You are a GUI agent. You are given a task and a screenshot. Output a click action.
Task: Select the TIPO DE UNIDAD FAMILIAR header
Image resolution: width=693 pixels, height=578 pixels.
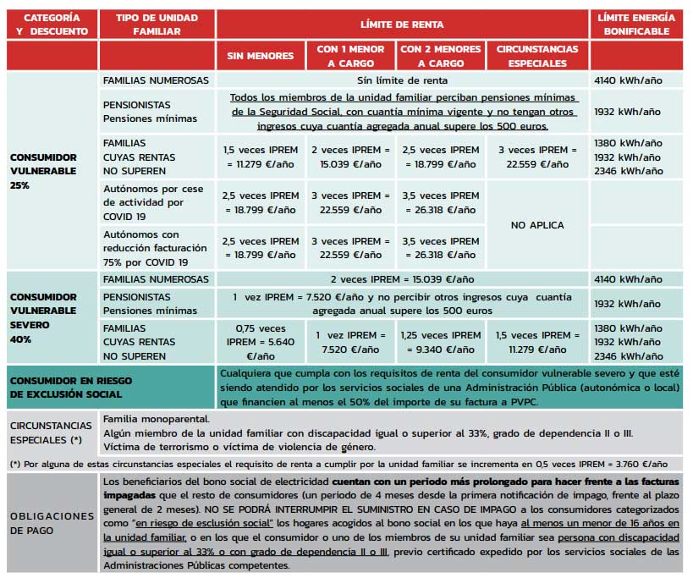(157, 25)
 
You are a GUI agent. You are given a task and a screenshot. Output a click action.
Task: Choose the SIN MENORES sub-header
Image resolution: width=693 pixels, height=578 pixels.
(260, 56)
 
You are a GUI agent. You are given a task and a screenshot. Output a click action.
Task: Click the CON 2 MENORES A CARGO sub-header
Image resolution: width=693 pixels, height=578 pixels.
(439, 56)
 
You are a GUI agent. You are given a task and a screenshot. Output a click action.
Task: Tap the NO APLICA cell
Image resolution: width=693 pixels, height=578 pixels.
(537, 225)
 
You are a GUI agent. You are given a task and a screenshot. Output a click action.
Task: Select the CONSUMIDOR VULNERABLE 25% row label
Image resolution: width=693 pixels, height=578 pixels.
(44, 171)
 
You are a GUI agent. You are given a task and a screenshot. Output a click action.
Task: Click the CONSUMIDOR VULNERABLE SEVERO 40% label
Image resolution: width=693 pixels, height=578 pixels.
(44, 317)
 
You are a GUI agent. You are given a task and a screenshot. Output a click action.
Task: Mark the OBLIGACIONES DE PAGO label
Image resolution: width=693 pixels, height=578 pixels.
(52, 522)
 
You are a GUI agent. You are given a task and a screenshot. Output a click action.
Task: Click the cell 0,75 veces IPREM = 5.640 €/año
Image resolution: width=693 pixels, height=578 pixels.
(260, 342)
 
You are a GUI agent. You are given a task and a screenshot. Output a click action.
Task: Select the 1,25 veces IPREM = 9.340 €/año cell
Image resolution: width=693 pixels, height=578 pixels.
(439, 342)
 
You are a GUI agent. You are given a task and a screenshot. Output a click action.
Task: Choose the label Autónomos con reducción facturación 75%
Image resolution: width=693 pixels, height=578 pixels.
(155, 248)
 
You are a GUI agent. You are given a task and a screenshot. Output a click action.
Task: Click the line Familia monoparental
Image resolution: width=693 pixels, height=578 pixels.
(157, 419)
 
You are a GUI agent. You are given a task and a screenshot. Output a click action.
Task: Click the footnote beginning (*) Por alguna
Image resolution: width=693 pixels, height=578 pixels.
(338, 464)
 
